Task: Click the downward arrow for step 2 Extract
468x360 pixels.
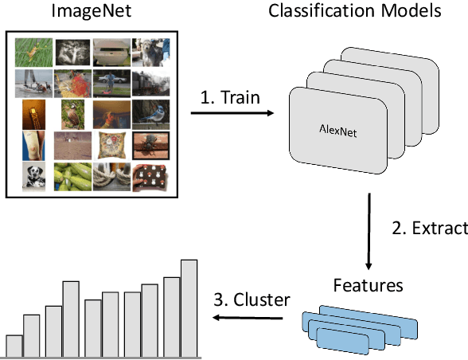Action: point(369,232)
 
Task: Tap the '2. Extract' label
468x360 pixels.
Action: point(430,229)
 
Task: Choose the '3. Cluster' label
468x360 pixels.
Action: point(251,300)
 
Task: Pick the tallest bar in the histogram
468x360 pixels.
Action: point(189,307)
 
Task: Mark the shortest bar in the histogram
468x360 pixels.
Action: point(14,346)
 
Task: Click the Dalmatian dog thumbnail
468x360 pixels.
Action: point(33,177)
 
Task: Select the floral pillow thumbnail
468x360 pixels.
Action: point(110,146)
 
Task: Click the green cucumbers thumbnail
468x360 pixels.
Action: point(72,177)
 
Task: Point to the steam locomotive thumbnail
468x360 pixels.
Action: point(149,83)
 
